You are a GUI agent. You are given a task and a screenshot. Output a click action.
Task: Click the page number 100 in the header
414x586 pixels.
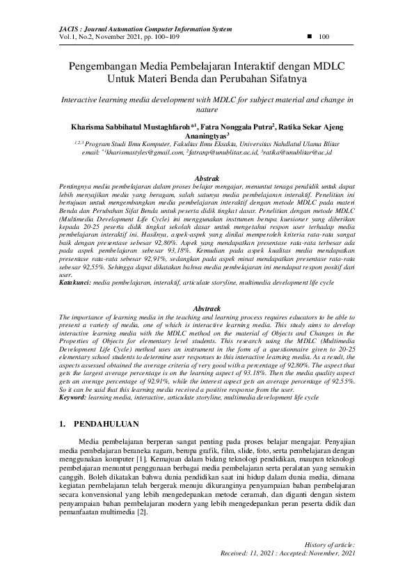pos(324,36)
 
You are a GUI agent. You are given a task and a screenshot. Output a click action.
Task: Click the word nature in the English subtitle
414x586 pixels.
pos(207,109)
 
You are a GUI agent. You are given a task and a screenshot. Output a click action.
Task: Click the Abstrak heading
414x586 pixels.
pos(207,179)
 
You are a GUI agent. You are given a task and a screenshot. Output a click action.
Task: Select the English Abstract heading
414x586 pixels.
pos(207,308)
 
